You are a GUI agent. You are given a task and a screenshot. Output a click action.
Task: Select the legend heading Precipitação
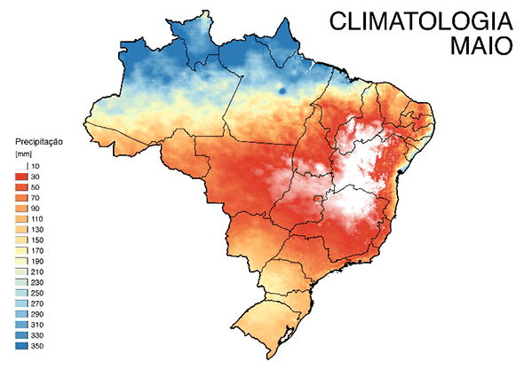point(42,141)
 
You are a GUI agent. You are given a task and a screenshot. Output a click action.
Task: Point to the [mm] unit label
point(24,154)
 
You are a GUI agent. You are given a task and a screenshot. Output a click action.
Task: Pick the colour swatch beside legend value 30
point(22,177)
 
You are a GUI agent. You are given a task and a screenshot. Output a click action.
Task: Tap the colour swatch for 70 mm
point(22,200)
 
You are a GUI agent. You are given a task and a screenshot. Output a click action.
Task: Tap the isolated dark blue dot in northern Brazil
point(281,87)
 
